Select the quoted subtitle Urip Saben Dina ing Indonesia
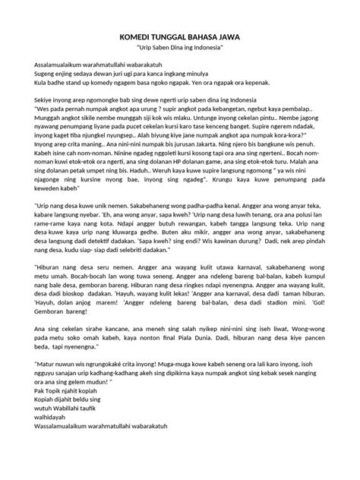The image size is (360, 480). [179, 48]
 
